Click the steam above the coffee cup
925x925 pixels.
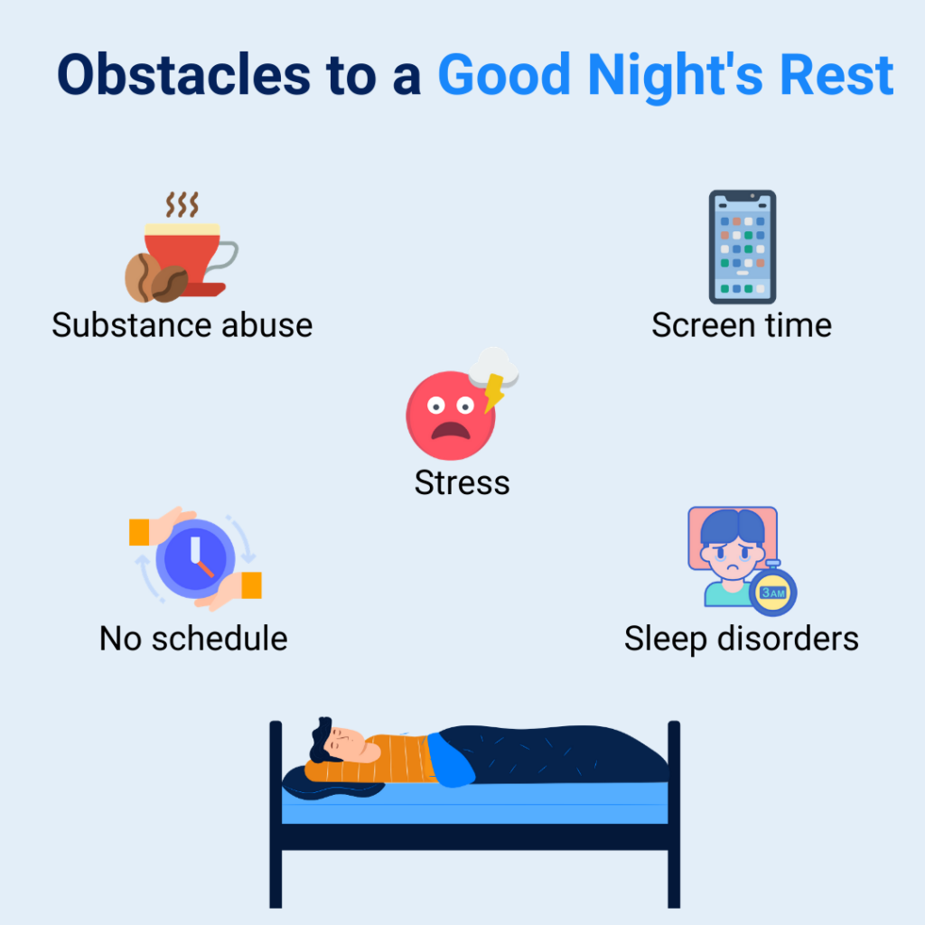(x=181, y=204)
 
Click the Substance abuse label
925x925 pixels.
(x=182, y=325)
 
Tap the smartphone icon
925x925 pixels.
(x=742, y=247)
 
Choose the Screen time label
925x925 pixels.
(x=742, y=325)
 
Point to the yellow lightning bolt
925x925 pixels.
(x=494, y=391)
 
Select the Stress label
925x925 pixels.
(x=462, y=482)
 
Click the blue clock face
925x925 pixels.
(x=195, y=555)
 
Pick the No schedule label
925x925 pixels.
(x=193, y=639)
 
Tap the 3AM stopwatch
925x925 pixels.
(x=773, y=592)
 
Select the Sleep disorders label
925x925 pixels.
(x=741, y=639)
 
